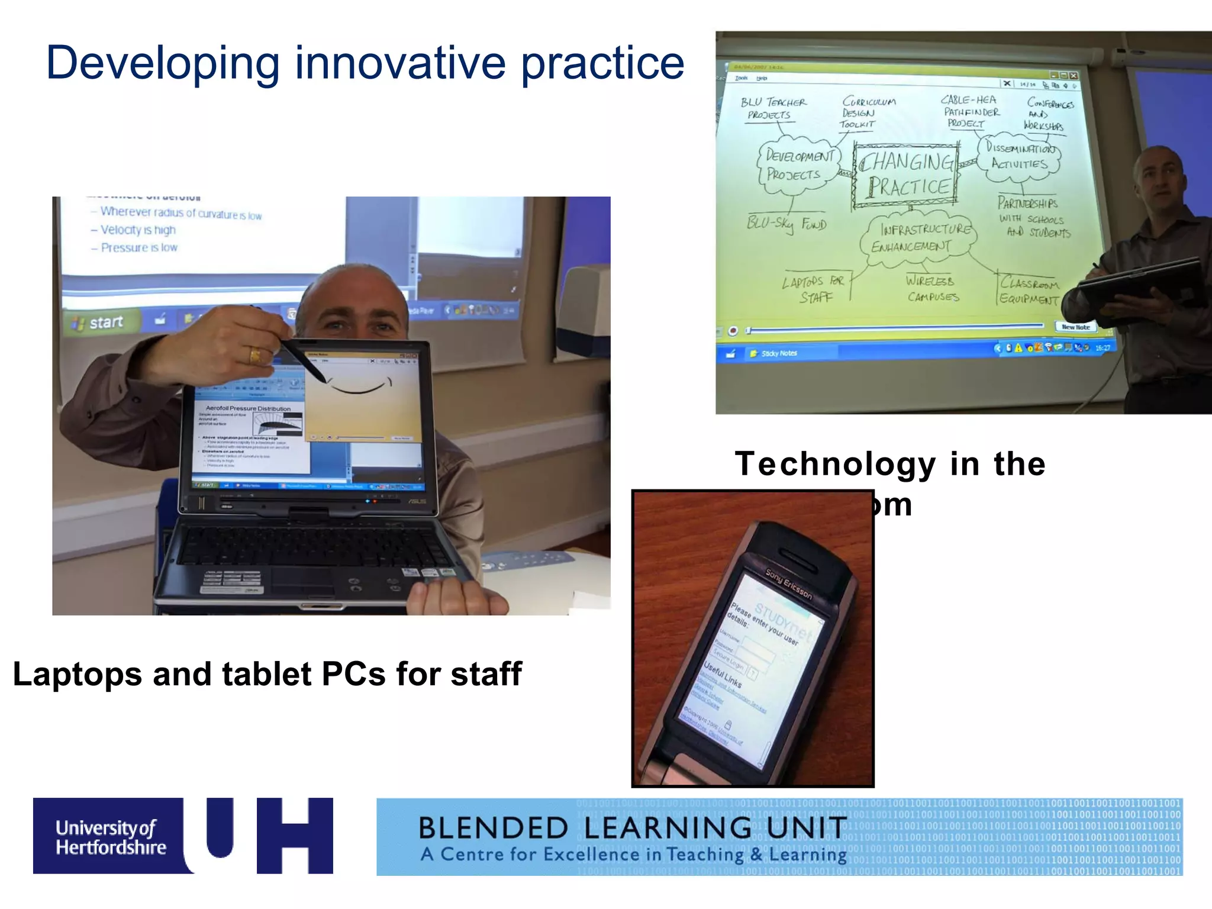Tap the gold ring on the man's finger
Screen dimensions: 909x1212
point(255,355)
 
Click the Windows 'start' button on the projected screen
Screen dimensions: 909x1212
point(101,323)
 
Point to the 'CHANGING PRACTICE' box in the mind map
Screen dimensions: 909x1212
point(906,175)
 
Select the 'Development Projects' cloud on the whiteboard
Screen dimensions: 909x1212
point(798,166)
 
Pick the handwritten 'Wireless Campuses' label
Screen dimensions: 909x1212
point(931,288)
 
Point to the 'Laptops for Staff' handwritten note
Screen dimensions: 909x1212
point(814,289)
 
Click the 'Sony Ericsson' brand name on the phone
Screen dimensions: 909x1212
point(789,584)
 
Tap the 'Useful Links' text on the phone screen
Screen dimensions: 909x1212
point(723,675)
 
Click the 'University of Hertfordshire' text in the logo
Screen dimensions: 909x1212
point(110,837)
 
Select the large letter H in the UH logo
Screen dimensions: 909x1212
point(295,835)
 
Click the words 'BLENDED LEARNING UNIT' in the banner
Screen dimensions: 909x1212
point(632,828)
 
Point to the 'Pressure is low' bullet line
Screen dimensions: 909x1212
point(138,247)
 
